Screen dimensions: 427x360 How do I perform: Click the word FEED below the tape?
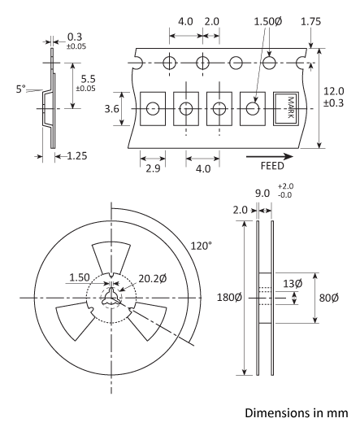pos(271,164)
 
